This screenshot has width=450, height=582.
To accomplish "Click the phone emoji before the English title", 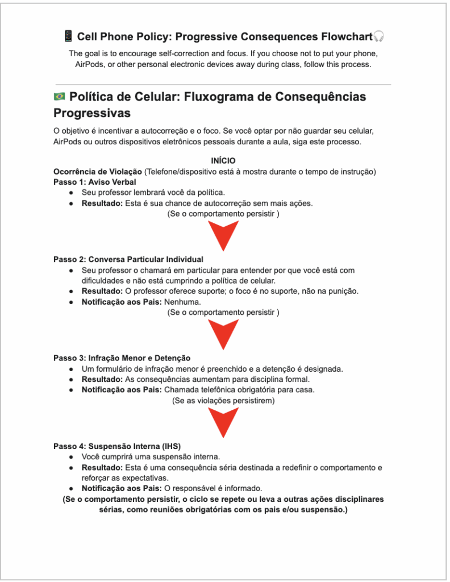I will (x=68, y=37).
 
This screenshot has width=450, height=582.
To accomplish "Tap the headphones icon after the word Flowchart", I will (x=380, y=37).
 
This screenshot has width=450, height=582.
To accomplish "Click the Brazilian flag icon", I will (x=59, y=97).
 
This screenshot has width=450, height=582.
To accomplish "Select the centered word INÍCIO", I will (x=223, y=161).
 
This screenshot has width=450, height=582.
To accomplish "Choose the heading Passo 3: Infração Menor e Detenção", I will (x=122, y=358).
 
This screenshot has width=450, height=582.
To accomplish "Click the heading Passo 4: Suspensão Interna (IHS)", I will (x=117, y=446).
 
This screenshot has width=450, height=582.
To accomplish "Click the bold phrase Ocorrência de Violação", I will (x=98, y=172).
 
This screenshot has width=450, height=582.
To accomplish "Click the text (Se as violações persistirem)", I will (x=223, y=401).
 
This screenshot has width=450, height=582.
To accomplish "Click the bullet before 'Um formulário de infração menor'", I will (x=71, y=369).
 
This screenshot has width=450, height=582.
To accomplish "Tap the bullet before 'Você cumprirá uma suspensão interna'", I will (x=71, y=457).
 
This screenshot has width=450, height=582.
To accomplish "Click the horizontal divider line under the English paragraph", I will (x=223, y=85).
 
